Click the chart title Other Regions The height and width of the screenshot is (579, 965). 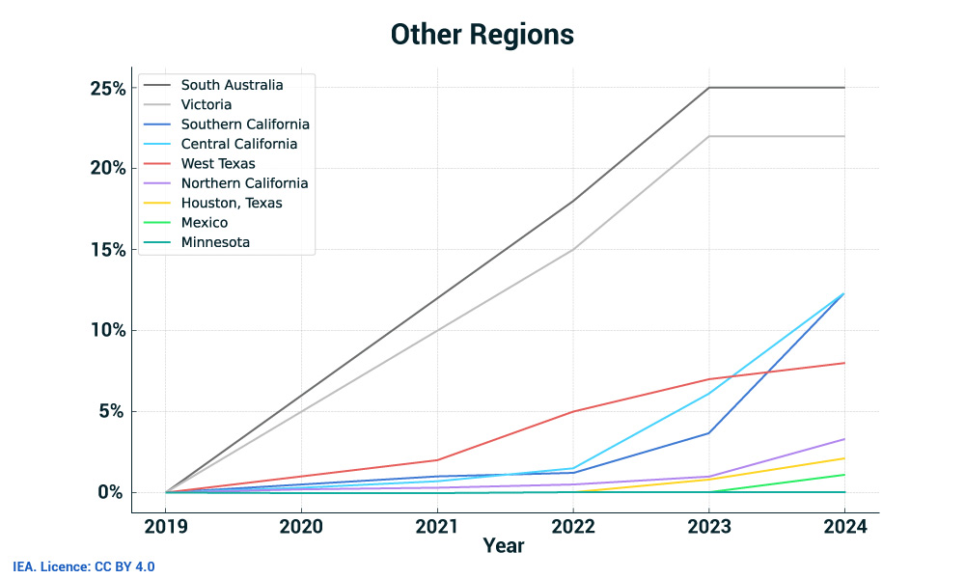coord(482,35)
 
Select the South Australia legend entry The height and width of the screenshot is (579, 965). coord(232,85)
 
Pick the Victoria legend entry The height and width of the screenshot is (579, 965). coord(206,104)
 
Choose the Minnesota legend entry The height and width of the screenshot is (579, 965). coord(215,242)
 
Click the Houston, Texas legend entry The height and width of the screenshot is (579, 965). coord(232,203)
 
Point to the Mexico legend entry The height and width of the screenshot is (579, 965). coord(205,222)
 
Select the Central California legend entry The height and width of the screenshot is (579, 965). coord(238,144)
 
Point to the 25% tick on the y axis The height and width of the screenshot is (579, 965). coord(108,88)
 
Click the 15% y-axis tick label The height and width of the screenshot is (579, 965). coord(108,250)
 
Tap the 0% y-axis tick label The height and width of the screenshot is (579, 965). coord(112,492)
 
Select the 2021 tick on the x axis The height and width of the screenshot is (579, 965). coord(437,527)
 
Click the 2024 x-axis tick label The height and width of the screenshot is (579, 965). coord(844,527)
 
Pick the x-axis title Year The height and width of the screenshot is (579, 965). coord(504,547)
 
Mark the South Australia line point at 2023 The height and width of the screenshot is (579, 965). coord(709,88)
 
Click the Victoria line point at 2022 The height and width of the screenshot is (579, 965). coord(573,250)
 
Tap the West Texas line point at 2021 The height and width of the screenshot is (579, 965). coord(437,460)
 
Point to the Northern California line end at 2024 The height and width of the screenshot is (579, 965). coord(844,439)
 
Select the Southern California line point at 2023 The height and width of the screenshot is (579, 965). coord(709,432)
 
